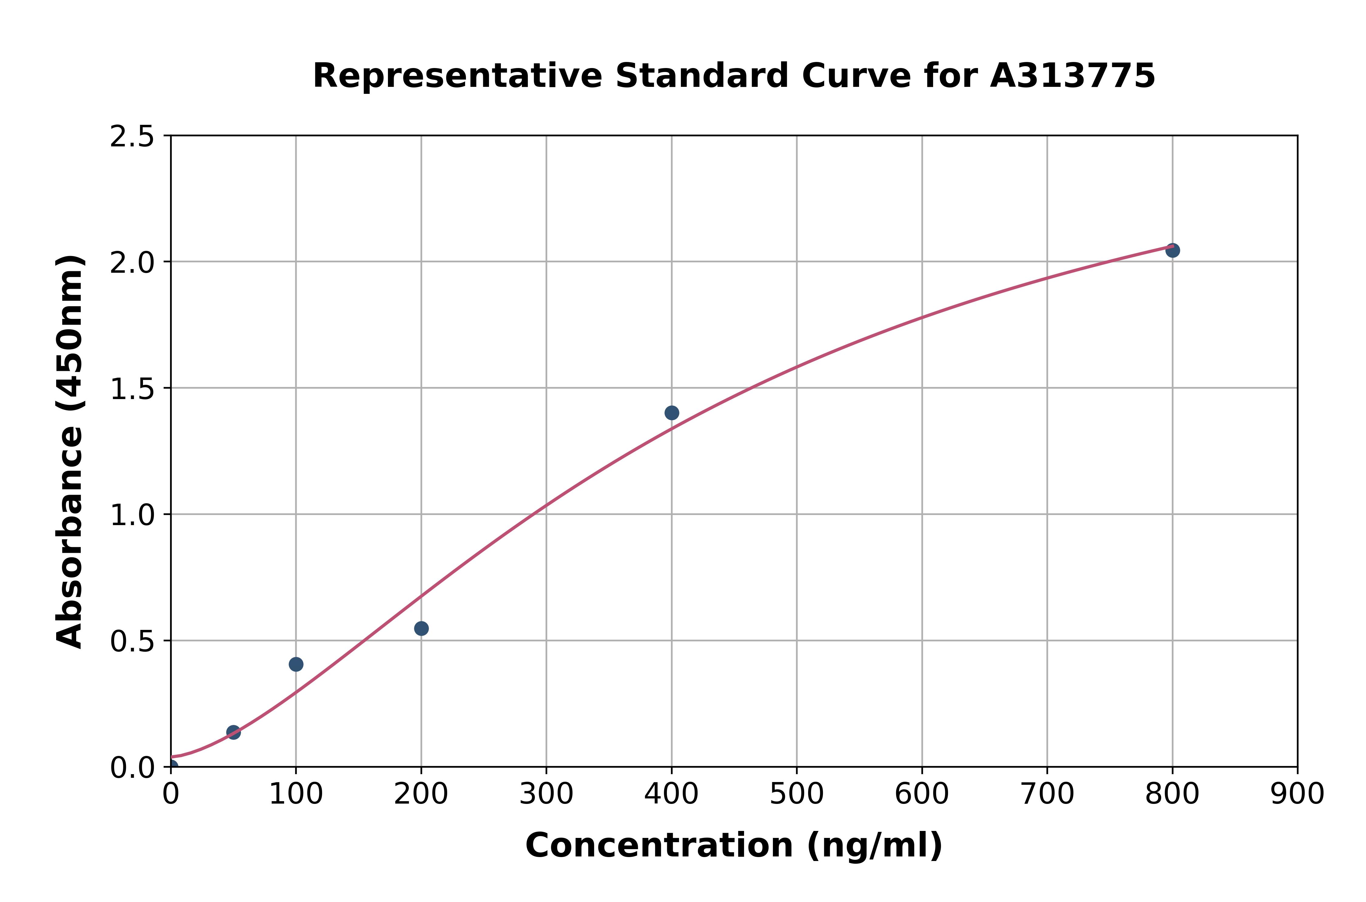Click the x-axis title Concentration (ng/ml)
click(x=734, y=846)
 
